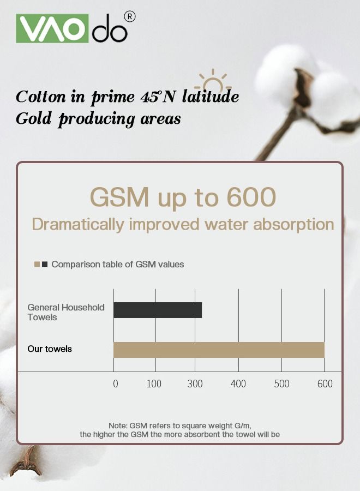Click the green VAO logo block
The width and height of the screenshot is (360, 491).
(x=52, y=28)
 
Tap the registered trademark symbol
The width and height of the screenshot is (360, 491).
(x=130, y=16)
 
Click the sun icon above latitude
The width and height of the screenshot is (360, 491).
(x=213, y=80)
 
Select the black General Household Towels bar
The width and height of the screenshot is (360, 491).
(x=158, y=310)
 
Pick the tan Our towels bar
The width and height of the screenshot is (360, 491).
(x=219, y=350)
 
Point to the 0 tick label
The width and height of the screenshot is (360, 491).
(x=116, y=384)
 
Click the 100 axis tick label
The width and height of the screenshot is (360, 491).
(x=154, y=384)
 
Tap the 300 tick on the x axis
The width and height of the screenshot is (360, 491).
(x=195, y=384)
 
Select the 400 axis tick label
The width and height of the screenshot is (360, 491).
(x=238, y=384)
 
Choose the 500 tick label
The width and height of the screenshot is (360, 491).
(x=282, y=384)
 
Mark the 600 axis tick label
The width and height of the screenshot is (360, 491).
(x=325, y=384)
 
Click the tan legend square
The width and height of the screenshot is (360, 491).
(x=37, y=264)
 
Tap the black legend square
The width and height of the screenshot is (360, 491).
(x=45, y=264)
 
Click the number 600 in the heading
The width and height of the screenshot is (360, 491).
(x=251, y=197)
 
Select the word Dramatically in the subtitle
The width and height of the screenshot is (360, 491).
(x=78, y=225)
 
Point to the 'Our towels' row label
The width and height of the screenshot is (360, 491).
(x=50, y=349)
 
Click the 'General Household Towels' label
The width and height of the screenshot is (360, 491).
(x=66, y=312)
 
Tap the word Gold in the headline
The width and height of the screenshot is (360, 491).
(x=33, y=118)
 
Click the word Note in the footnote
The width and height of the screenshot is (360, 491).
(x=118, y=426)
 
